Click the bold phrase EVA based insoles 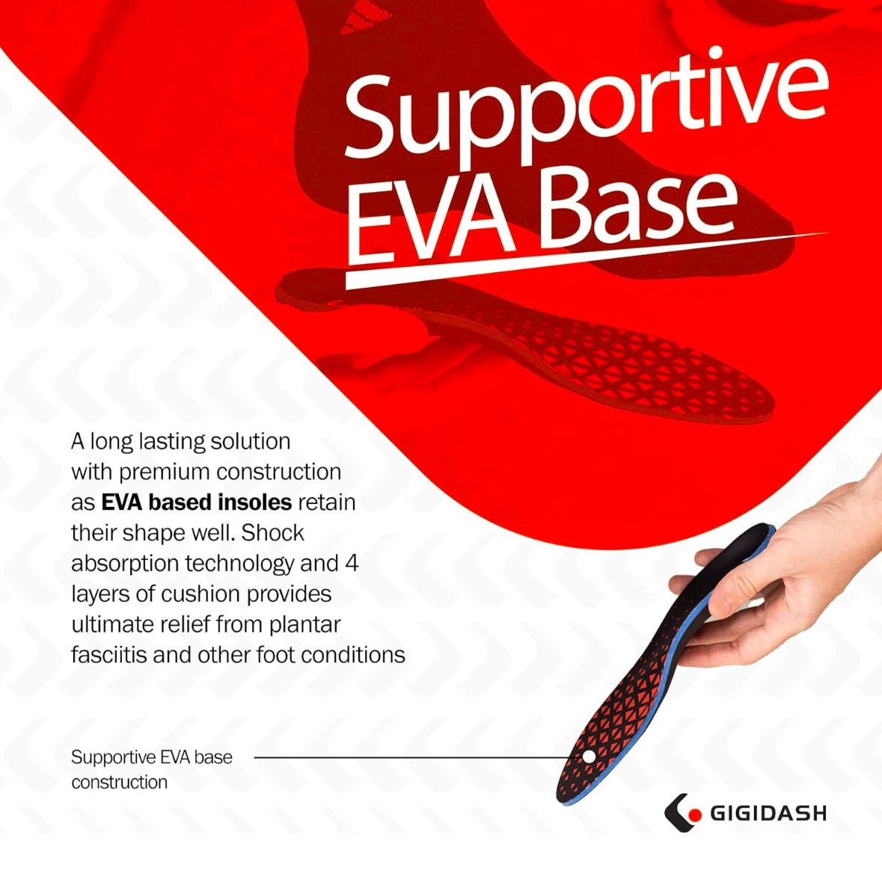196,502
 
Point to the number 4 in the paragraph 352,563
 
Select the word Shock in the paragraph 273,532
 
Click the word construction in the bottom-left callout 119,782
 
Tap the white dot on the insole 589,757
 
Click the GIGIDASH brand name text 768,813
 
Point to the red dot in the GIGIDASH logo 695,814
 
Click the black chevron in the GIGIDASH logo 675,813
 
